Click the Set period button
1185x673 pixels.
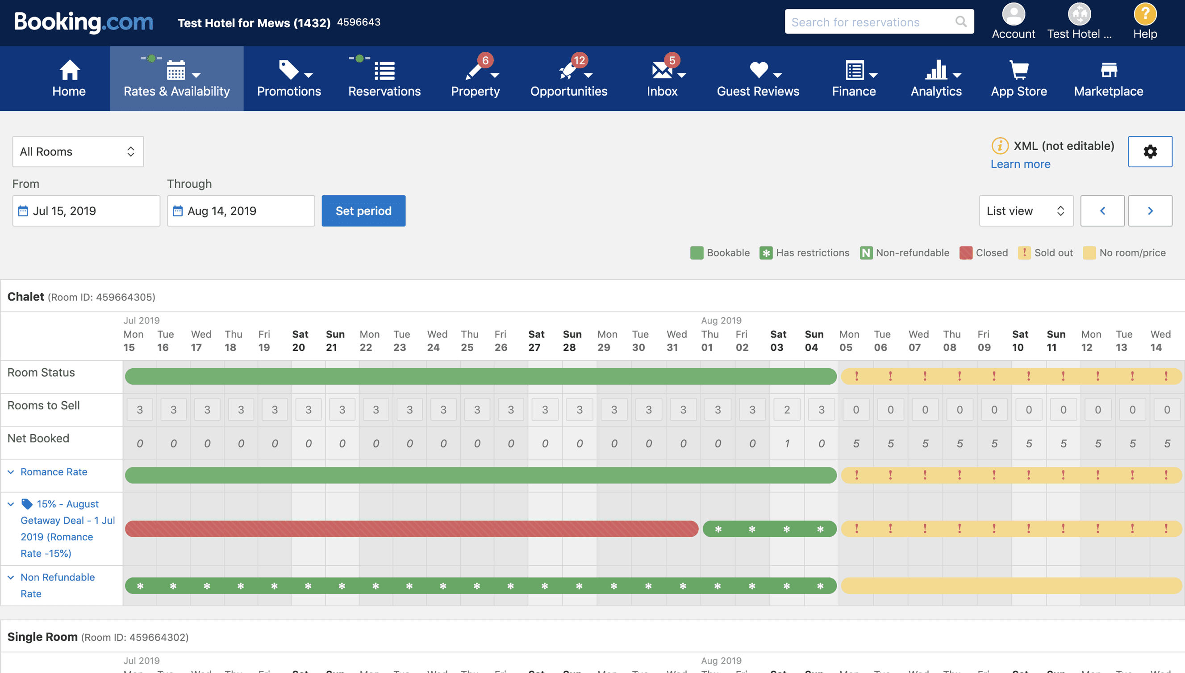point(363,211)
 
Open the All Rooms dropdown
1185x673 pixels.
point(78,151)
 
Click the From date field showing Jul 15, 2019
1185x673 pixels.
point(86,211)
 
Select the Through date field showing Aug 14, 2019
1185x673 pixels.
point(241,211)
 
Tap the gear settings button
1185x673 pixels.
point(1150,151)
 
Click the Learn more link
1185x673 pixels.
point(1020,164)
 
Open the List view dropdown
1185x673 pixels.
point(1026,211)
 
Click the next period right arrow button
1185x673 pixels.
point(1150,211)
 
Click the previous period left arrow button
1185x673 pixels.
point(1102,211)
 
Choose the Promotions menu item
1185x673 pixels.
point(289,79)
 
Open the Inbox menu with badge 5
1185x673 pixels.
point(662,79)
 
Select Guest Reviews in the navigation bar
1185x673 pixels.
point(758,79)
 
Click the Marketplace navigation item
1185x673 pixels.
point(1108,79)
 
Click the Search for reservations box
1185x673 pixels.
point(873,22)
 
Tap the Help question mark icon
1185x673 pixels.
point(1145,15)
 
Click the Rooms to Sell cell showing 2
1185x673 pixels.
point(787,409)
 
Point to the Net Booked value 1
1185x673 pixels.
point(787,444)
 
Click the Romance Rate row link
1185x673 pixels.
point(54,472)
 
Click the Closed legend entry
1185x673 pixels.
point(984,253)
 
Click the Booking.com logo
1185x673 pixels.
point(83,22)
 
